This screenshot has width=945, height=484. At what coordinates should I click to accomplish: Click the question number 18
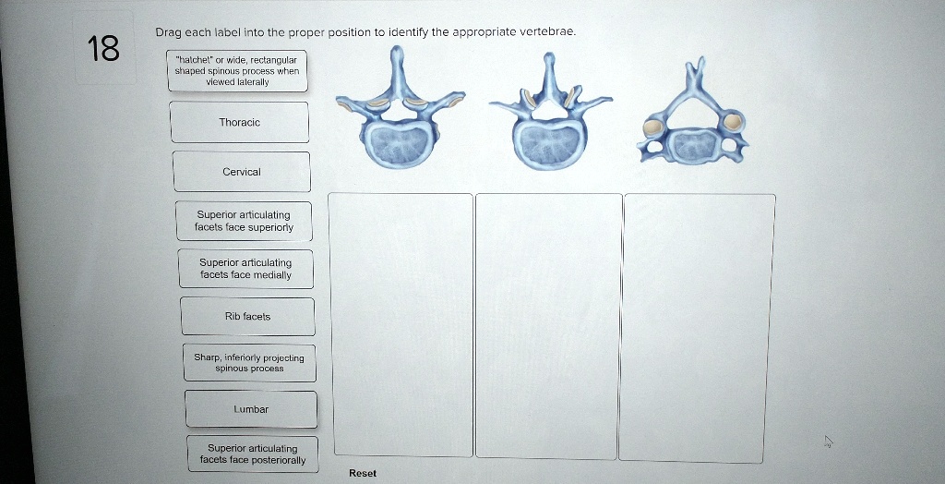[x=103, y=49]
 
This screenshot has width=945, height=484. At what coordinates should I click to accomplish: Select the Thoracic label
[x=239, y=122]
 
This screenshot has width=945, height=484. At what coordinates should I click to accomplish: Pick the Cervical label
[x=242, y=172]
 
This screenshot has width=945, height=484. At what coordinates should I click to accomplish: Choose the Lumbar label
[x=250, y=408]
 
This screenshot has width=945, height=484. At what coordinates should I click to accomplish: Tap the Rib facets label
[x=247, y=316]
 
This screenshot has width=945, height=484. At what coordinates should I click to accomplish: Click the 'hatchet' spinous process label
[x=237, y=70]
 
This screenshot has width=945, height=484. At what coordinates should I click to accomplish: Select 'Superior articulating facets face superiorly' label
[x=244, y=221]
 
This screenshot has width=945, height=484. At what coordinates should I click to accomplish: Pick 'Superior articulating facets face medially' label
[x=245, y=269]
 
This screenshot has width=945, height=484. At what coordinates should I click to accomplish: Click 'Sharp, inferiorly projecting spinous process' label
[x=249, y=362]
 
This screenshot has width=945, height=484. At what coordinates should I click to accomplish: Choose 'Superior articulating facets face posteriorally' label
[x=252, y=454]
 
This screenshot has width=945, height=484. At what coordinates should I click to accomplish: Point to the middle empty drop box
[x=549, y=325]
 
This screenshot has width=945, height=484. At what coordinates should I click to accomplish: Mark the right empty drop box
[x=698, y=327]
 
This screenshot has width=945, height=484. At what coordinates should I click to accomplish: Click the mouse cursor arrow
[x=828, y=442]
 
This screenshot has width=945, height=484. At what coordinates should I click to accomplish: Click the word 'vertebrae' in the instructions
[x=548, y=31]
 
